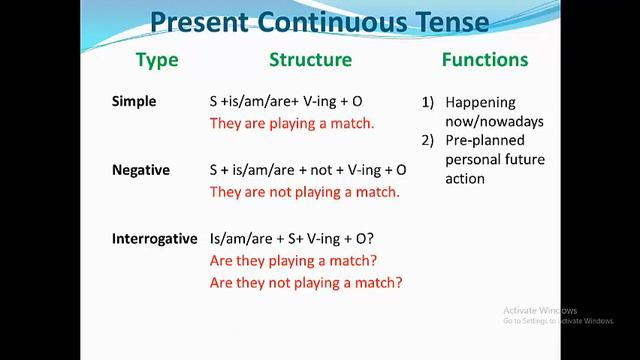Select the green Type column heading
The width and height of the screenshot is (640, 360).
157,60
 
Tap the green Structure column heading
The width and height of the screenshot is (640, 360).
310,60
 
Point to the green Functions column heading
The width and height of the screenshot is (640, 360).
484,60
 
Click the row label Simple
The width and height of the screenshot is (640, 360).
134,102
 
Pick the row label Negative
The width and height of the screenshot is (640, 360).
141,170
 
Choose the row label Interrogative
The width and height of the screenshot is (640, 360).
153,239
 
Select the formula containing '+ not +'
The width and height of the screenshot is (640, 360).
308,170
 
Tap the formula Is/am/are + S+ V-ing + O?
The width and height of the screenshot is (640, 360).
292,239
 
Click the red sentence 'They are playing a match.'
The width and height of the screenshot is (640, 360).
292,124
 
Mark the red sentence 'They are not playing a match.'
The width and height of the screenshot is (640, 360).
304,192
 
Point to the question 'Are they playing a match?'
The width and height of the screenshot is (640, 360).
293,261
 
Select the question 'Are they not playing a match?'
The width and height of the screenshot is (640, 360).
306,283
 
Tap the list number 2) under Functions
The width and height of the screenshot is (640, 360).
427,141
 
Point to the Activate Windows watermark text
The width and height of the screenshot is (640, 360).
540,310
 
